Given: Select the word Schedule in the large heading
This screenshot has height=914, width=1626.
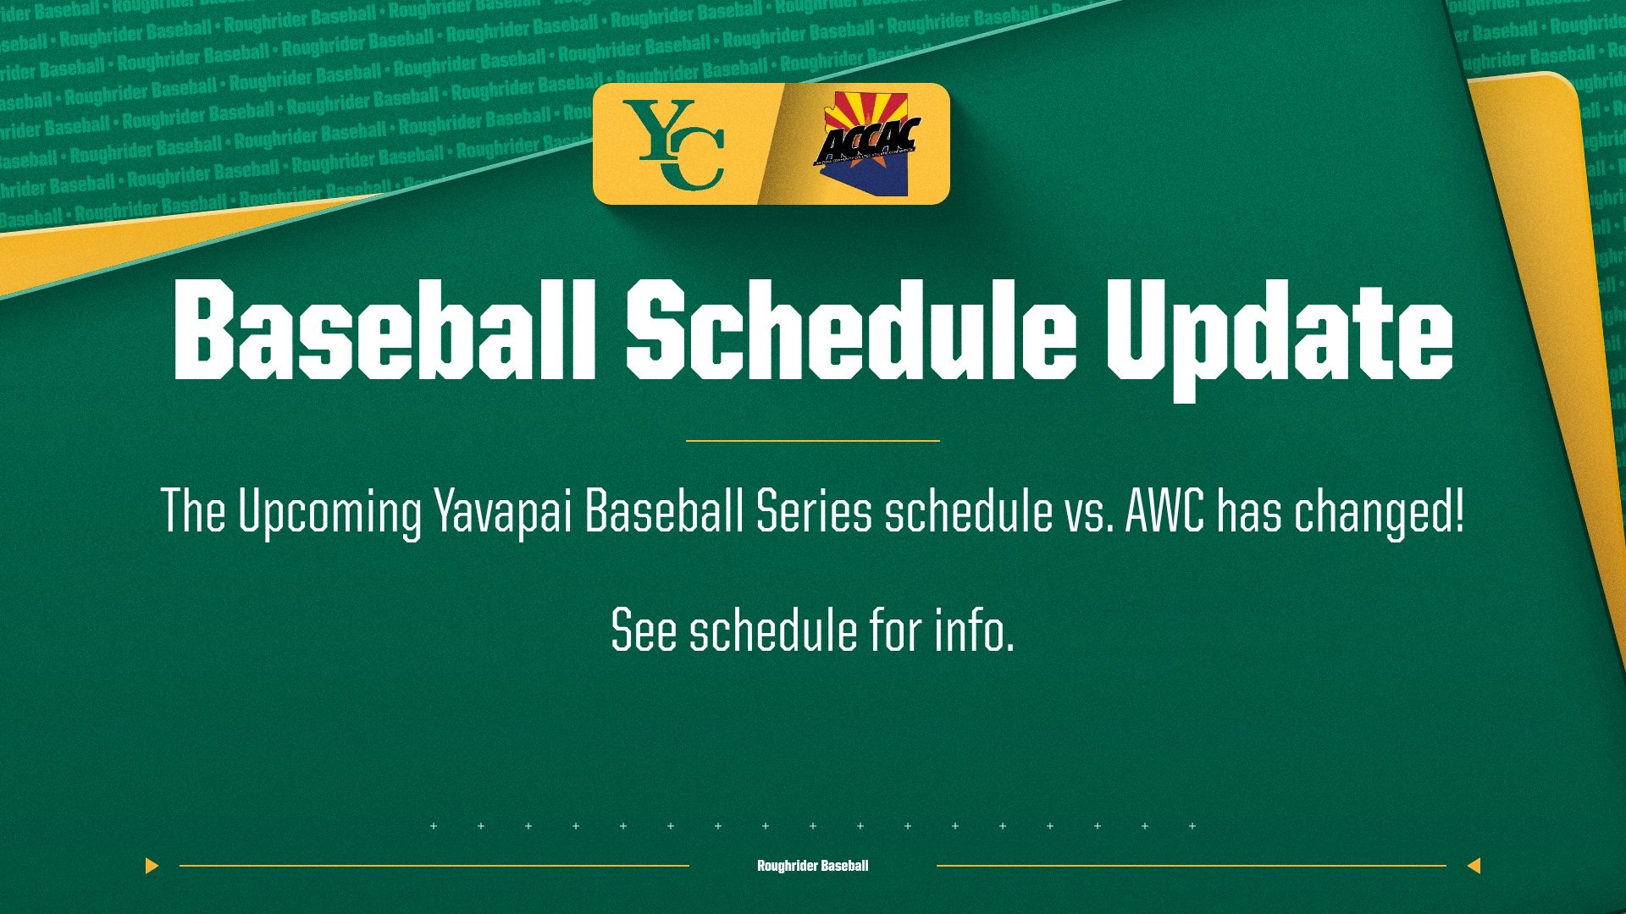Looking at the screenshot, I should click(850, 331).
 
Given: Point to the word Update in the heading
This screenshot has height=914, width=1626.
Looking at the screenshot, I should click(1279, 334).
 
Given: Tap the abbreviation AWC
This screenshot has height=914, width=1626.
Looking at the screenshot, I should click(1164, 512).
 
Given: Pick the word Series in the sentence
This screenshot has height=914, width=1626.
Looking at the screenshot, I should click(814, 512).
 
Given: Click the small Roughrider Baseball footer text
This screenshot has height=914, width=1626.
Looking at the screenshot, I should click(812, 866).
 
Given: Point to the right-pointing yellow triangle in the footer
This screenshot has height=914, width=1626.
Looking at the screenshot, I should click(152, 866).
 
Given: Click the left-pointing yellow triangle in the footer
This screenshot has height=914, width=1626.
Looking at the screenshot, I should click(1474, 866).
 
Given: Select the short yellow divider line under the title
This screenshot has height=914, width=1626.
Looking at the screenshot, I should click(812, 441).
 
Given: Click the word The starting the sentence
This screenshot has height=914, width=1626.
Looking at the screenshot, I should click(193, 512).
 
